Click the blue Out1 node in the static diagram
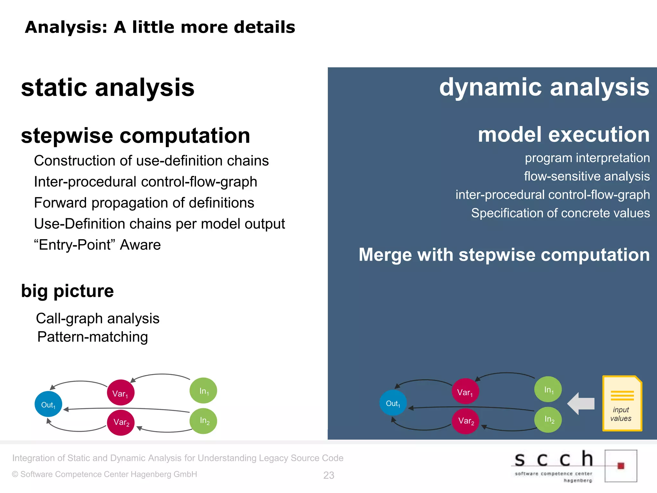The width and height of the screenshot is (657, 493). [x=48, y=404]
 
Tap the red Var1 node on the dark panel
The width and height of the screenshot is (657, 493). [x=465, y=391]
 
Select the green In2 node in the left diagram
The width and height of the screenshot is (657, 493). [x=203, y=421]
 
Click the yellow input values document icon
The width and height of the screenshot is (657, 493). [x=622, y=403]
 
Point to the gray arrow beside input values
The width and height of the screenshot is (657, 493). [x=581, y=403]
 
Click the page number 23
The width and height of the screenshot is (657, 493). [x=328, y=475]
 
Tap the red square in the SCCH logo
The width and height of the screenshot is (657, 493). [x=621, y=466]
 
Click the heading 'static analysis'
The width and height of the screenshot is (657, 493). [x=108, y=87]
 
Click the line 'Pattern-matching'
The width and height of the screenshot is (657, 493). [x=92, y=337]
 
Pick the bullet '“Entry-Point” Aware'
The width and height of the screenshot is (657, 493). [x=97, y=245]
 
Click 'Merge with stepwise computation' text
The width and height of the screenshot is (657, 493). [x=504, y=255]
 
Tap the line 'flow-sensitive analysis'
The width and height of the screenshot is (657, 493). [x=587, y=176]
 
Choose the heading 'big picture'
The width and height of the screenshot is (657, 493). [x=67, y=291]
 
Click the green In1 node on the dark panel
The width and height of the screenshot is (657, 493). [x=548, y=389]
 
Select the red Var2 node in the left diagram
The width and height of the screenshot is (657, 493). [x=121, y=422]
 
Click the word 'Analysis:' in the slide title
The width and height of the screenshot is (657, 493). [x=66, y=27]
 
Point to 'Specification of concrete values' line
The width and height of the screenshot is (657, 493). [x=560, y=213]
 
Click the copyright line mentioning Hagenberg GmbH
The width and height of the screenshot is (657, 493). [x=105, y=474]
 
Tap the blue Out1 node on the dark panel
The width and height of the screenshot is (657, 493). [x=393, y=403]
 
